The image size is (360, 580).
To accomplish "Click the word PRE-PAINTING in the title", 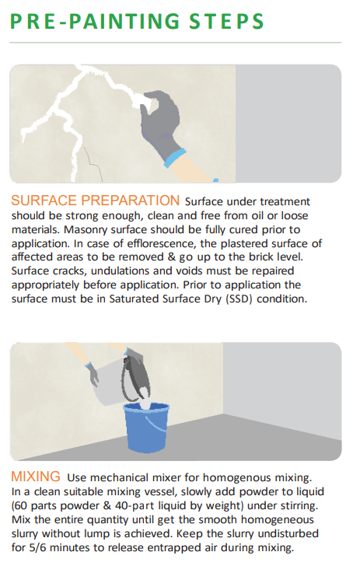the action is tap(95, 21).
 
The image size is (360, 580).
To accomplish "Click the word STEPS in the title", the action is tap(226, 21).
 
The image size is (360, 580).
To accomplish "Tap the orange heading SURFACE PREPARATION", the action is tap(95, 201).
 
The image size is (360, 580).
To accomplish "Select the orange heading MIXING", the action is tap(36, 477).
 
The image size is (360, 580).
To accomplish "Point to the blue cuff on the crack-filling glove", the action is tap(174, 158).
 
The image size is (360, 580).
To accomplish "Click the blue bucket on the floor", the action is tap(146, 428).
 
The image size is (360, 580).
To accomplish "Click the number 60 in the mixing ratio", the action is tap(22, 505).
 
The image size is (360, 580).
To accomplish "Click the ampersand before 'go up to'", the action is tap(172, 257).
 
